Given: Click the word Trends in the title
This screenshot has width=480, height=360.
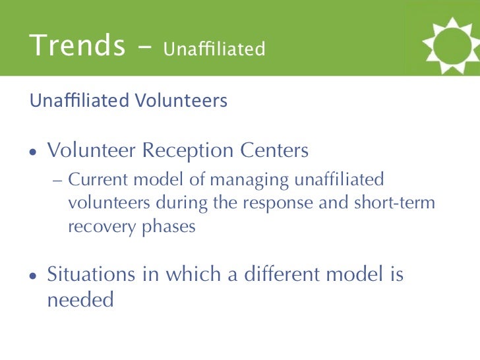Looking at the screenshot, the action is tap(77, 45).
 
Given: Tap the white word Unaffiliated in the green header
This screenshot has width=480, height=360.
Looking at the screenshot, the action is tap(214, 48).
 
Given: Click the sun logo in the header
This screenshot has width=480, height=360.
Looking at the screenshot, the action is tap(451, 45).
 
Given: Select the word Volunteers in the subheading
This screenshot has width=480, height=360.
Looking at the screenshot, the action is tap(181, 100).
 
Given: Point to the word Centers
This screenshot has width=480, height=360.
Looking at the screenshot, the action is tap(274, 150).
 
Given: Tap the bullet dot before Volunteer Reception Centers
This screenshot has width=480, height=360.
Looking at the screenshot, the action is tap(33, 152).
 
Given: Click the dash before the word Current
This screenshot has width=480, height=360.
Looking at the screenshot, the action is tap(57, 181).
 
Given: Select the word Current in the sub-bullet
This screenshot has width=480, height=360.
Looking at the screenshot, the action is tap(98, 179).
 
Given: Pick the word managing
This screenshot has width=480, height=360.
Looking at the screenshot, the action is tap(249, 180).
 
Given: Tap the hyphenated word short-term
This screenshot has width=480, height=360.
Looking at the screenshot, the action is tap(394, 202).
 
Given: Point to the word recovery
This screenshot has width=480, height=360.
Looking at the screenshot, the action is tap(102, 227).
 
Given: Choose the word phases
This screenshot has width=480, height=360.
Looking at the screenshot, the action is tap(169, 227).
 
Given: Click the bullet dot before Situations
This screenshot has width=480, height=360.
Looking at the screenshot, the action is tap(33, 276).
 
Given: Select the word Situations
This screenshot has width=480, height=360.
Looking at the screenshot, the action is tap(91, 274).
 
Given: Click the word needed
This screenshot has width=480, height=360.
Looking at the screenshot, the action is tap(80, 299).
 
